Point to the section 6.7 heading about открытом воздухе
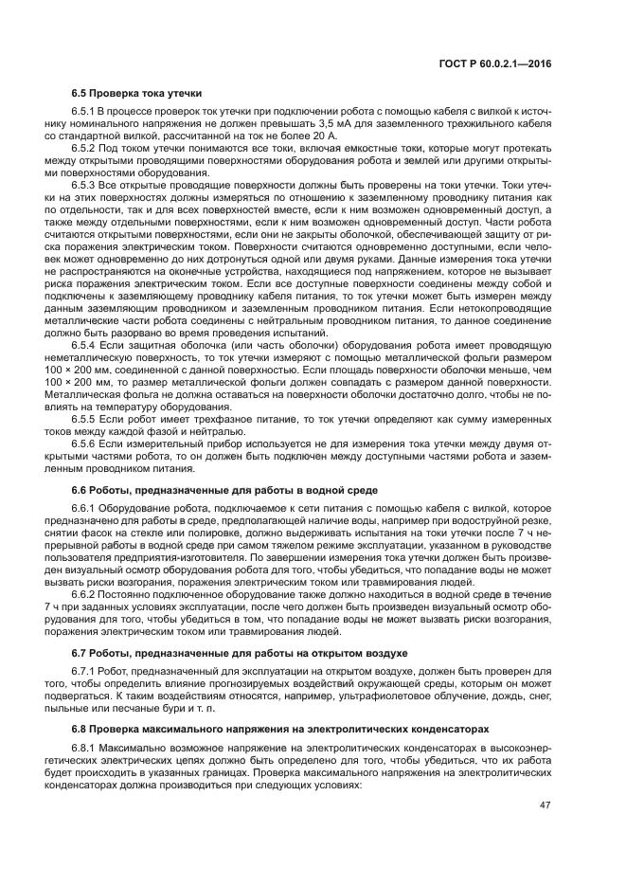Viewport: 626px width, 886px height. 240,653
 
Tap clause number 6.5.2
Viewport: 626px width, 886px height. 86,150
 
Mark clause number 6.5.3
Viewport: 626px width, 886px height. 86,186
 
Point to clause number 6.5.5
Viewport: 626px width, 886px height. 86,418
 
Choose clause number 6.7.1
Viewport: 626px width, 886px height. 86,671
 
